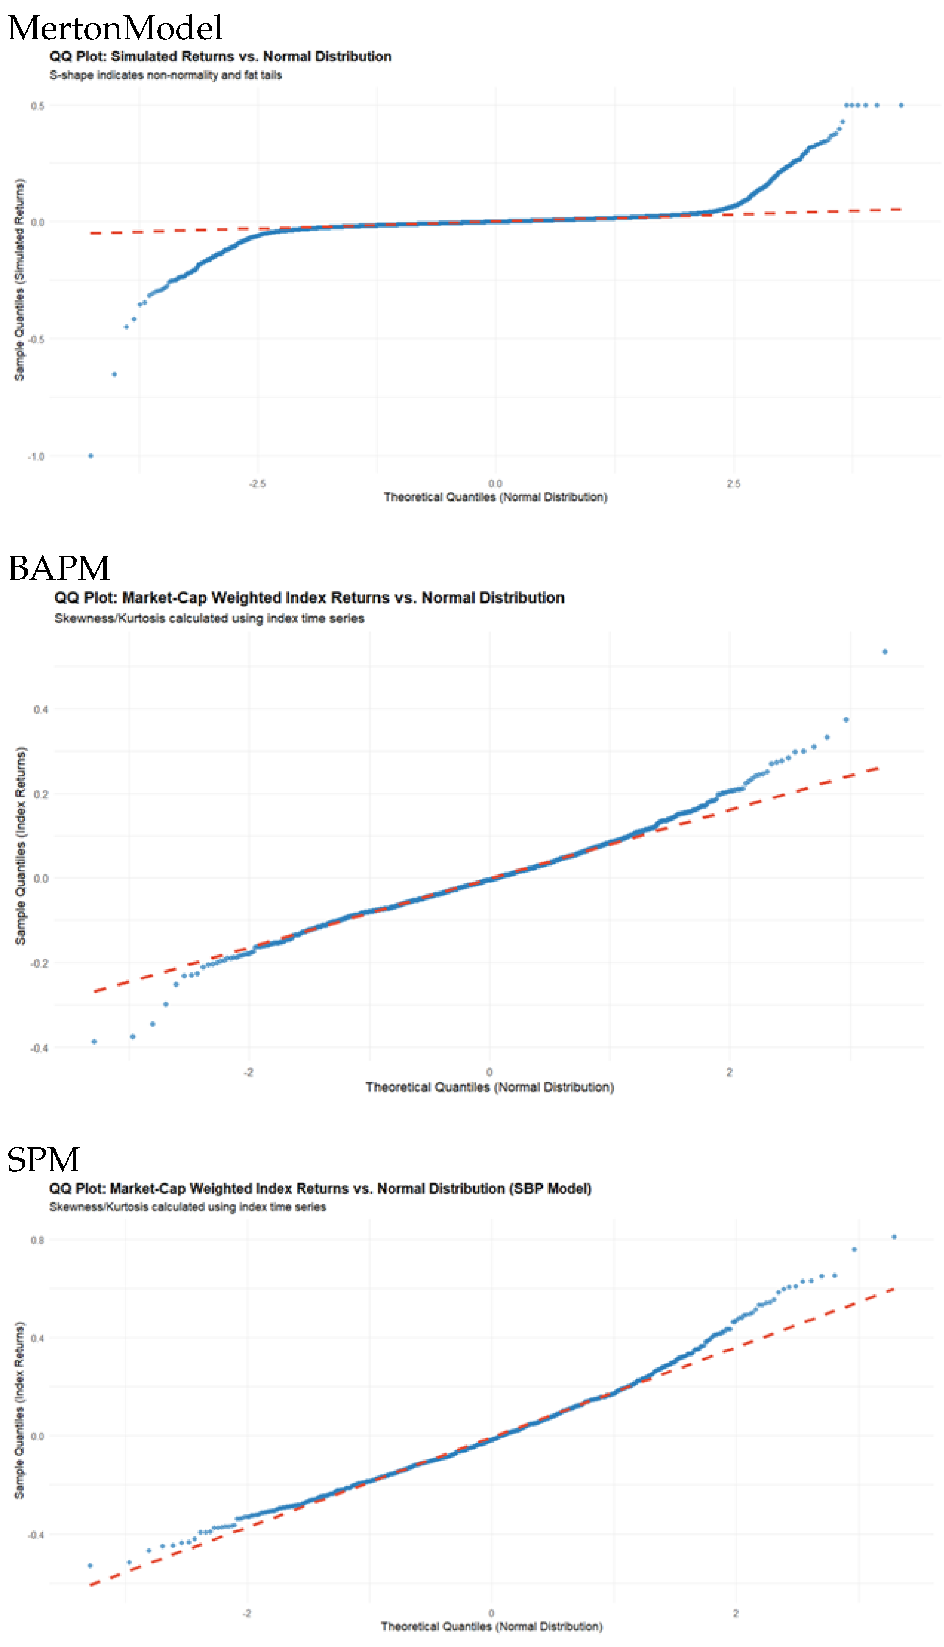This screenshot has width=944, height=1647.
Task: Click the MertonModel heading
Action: (x=115, y=28)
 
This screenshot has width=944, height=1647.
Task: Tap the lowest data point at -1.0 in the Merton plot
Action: (x=91, y=456)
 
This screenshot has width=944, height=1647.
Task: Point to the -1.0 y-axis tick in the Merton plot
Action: (x=36, y=456)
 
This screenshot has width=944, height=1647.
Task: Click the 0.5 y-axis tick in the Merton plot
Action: (x=38, y=106)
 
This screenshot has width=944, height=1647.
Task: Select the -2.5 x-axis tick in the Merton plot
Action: (x=257, y=484)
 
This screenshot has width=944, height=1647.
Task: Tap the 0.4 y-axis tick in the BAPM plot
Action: (x=41, y=709)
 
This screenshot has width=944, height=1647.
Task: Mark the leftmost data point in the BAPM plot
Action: (x=94, y=1041)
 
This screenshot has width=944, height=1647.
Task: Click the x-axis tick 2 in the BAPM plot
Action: (x=729, y=1072)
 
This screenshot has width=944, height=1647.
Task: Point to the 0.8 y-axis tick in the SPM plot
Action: (x=38, y=1241)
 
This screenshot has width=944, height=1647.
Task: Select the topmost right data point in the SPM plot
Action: (x=894, y=1237)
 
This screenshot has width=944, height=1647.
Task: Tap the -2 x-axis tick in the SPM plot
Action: (x=247, y=1613)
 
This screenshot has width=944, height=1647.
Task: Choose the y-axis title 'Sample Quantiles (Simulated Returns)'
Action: (x=19, y=279)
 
